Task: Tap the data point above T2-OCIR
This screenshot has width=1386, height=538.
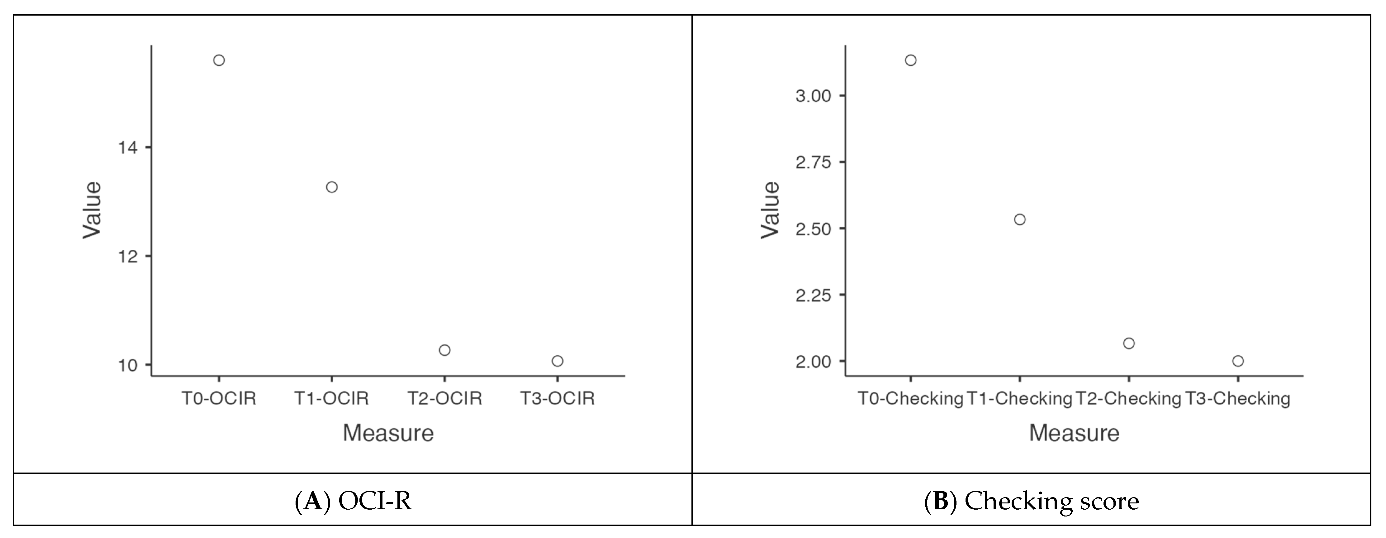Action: (x=444, y=350)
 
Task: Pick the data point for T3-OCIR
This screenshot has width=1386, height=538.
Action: (x=558, y=361)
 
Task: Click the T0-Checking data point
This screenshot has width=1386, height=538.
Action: (x=910, y=60)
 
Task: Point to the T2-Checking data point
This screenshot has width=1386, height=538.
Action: (x=1129, y=343)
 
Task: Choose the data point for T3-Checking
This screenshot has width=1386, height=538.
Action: (x=1238, y=361)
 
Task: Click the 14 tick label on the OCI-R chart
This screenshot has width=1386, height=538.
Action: (x=127, y=147)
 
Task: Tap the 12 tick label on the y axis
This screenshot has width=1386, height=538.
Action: (x=127, y=256)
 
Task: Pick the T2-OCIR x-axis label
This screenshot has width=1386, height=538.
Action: (x=444, y=399)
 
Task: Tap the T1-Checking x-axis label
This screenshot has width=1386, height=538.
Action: (x=1020, y=399)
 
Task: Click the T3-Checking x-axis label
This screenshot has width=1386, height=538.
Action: (x=1238, y=399)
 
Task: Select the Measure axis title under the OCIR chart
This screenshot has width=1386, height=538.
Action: (x=388, y=433)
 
